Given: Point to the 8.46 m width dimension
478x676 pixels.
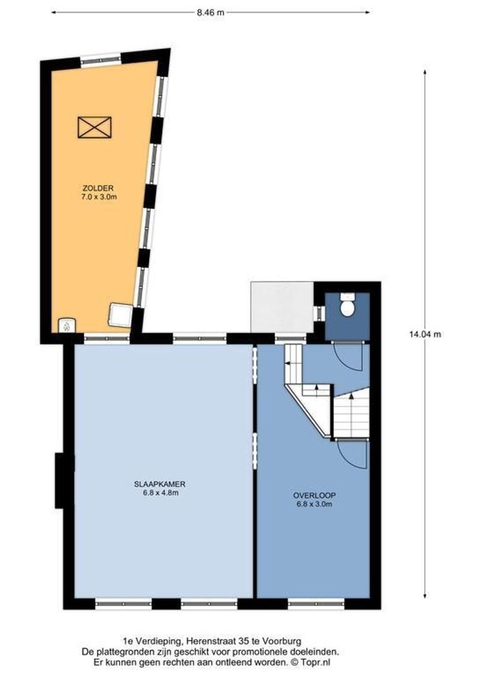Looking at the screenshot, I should pyautogui.click(x=210, y=12).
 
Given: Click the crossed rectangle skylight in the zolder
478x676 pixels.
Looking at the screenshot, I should pyautogui.click(x=94, y=127).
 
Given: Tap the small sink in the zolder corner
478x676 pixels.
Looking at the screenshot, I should pyautogui.click(x=66, y=325).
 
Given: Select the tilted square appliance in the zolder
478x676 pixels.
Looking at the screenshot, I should pyautogui.click(x=120, y=315).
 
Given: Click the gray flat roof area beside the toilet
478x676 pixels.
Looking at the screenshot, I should pyautogui.click(x=282, y=307).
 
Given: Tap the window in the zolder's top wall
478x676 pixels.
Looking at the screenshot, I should pyautogui.click(x=100, y=59).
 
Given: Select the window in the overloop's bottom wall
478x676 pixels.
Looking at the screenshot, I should pyautogui.click(x=316, y=604).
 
